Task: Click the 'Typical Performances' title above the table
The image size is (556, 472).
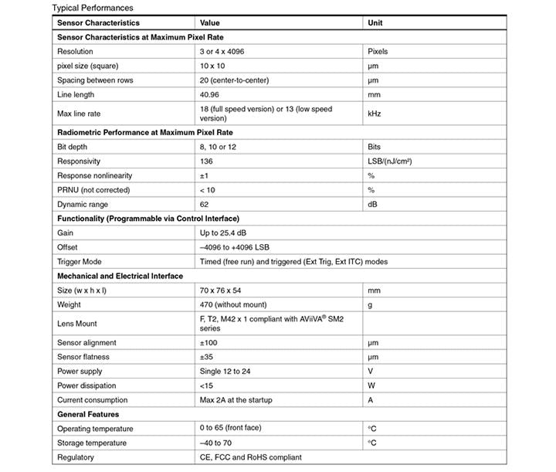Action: coord(86,7)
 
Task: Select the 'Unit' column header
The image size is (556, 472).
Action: coord(375,23)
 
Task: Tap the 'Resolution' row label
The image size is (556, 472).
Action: coord(75,52)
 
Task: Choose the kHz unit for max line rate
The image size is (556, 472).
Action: coord(375,114)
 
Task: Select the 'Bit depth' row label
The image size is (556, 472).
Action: coord(73,147)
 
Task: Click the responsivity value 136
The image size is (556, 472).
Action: coord(206,161)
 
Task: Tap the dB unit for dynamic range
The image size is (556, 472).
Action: coord(372,204)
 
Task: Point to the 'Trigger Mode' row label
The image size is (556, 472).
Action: coord(79,261)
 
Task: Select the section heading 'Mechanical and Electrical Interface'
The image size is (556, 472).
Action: coord(120,276)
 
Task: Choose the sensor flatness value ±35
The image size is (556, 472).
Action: coord(207,357)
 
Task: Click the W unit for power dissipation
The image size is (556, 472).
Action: coord(372,385)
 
